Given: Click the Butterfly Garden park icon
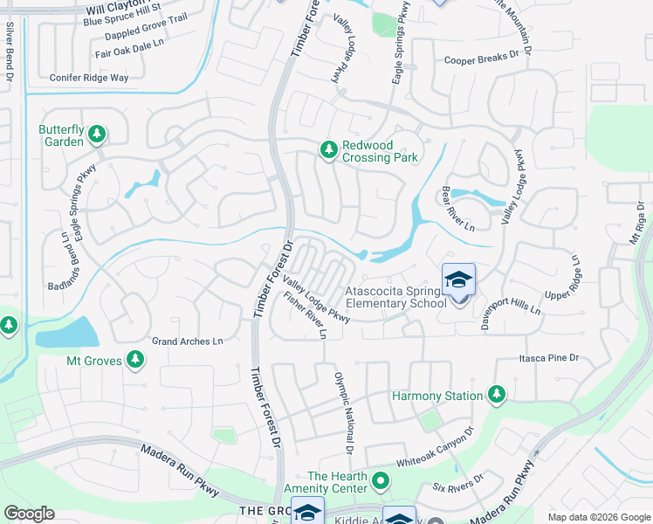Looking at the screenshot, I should click(x=97, y=134).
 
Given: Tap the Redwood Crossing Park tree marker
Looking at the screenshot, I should click(x=329, y=151).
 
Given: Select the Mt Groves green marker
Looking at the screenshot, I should click(x=135, y=359).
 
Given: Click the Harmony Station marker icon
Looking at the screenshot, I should click(x=497, y=396).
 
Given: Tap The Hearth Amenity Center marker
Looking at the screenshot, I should click(x=381, y=481).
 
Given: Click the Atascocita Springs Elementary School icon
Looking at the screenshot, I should click(x=458, y=281).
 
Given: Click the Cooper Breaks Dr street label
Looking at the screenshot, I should click(x=487, y=60).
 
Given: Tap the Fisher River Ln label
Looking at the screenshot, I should click(x=306, y=316).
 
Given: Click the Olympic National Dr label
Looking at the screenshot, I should click(x=342, y=412).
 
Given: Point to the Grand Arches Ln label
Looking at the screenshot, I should click(x=187, y=341).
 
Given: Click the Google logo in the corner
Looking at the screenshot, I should click(x=29, y=514).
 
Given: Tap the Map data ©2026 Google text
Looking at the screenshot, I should click(x=598, y=517).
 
